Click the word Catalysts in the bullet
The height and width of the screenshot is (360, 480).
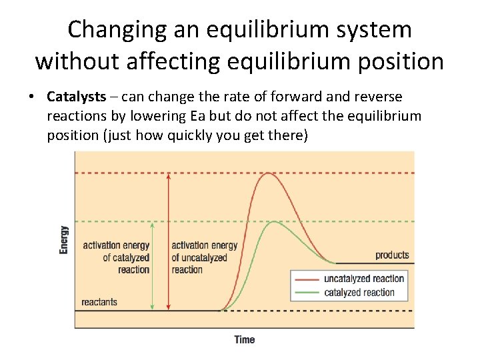tap(76, 97)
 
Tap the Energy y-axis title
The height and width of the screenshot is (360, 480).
tap(64, 240)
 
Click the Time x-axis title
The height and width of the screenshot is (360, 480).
tap(244, 340)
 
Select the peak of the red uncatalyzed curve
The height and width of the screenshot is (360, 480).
tap(268, 173)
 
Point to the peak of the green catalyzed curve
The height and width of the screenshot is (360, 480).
tap(274, 222)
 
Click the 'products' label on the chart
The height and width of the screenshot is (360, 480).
tap(392, 255)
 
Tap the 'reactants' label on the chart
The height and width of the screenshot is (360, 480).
tap(99, 302)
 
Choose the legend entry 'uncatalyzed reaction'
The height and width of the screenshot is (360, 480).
tap(363, 279)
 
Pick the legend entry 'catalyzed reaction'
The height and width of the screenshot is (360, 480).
tap(359, 293)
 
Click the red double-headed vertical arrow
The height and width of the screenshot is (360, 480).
tap(168, 240)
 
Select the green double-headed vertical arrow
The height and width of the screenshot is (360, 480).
tap(153, 267)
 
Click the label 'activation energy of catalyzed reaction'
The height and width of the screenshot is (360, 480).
tap(116, 257)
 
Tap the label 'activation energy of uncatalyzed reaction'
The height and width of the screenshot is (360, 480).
tap(204, 257)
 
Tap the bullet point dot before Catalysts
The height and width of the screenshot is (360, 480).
tap(31, 97)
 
